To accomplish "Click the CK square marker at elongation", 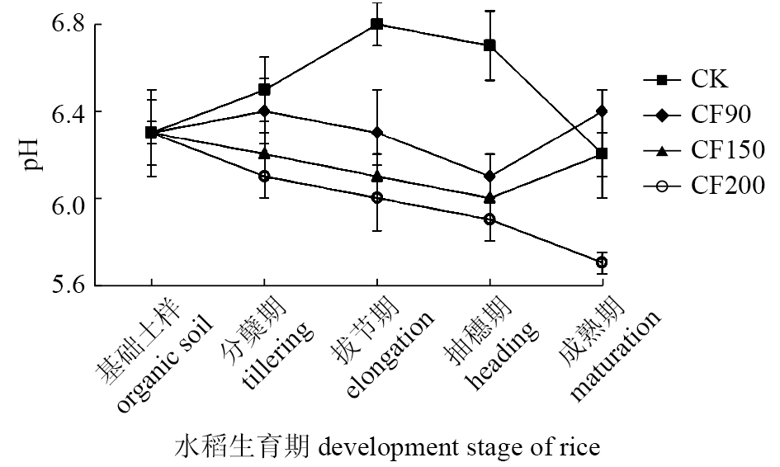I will pyautogui.click(x=376, y=24).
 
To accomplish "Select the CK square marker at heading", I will pyautogui.click(x=489, y=45).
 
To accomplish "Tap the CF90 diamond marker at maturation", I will pyautogui.click(x=602, y=111).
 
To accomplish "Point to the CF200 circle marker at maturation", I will pyautogui.click(x=602, y=262).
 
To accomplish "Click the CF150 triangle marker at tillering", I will pyautogui.click(x=264, y=153).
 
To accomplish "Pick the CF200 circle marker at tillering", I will pyautogui.click(x=264, y=177).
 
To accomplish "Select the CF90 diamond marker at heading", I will pyautogui.click(x=489, y=177).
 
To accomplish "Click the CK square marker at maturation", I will pyautogui.click(x=602, y=154).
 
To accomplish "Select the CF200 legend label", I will pyautogui.click(x=727, y=187).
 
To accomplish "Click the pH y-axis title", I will pyautogui.click(x=31, y=154).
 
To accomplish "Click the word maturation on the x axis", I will pyautogui.click(x=615, y=356).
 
